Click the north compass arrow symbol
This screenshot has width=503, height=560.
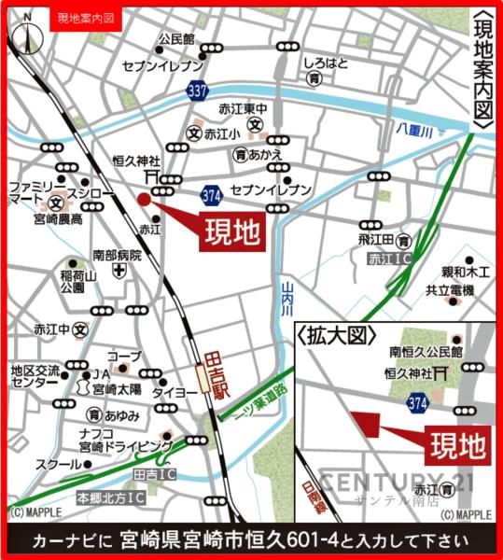(x=29, y=37)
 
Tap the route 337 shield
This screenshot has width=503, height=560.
(x=196, y=91)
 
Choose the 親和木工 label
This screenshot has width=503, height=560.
(x=466, y=273)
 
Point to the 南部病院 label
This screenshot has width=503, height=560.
(x=117, y=255)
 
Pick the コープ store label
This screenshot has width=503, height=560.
(x=123, y=356)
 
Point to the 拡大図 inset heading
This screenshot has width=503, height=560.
(x=337, y=335)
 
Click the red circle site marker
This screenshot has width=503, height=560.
(x=144, y=198)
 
